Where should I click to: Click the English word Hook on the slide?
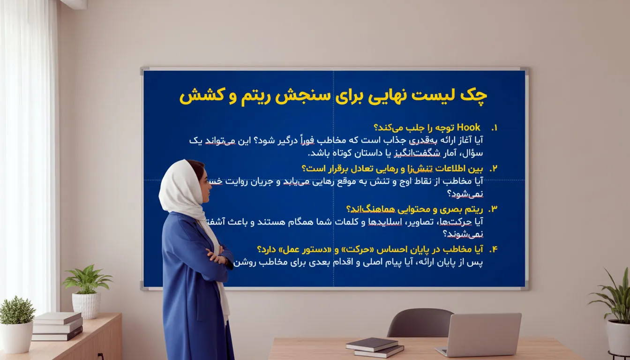tap(468, 127)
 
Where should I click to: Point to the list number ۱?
tap(493, 128)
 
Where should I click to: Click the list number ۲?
tap(493, 169)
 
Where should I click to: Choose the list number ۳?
tap(493, 209)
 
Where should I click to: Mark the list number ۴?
tap(493, 249)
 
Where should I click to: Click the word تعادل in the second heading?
tap(359, 169)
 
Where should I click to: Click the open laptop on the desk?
tap(481, 334)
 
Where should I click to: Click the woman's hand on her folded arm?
tap(216, 257)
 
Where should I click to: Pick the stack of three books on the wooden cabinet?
tap(58, 326)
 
